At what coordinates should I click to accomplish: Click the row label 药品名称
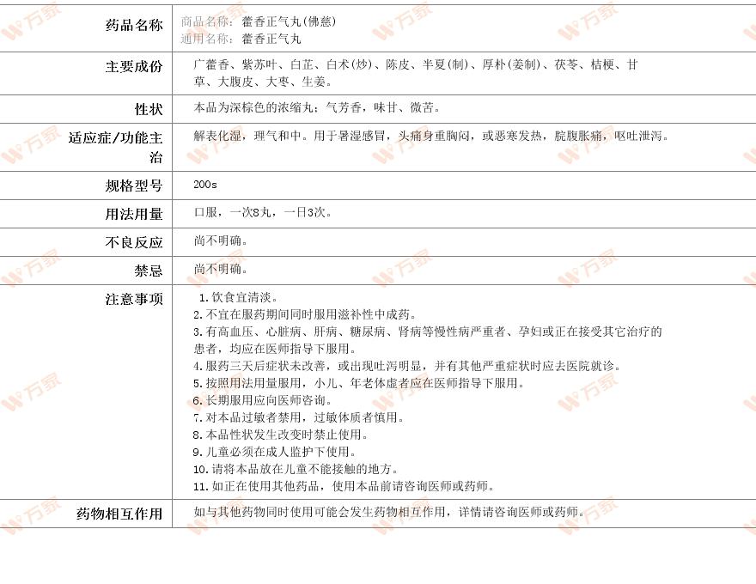click(x=134, y=25)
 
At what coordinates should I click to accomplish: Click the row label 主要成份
click(x=134, y=66)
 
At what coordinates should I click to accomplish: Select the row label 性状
click(x=148, y=109)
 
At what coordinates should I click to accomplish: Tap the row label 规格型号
click(x=134, y=186)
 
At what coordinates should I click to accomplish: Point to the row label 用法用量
click(x=134, y=214)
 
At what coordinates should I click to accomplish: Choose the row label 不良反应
click(x=134, y=242)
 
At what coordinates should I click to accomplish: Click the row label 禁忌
click(x=148, y=271)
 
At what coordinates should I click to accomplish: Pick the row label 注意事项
click(x=134, y=299)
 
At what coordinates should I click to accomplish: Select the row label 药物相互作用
click(x=119, y=514)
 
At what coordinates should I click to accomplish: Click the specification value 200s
click(x=205, y=185)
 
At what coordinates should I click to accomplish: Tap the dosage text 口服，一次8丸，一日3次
click(x=263, y=212)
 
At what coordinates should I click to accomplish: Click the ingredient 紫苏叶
click(x=259, y=64)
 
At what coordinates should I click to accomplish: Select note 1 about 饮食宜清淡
click(x=238, y=297)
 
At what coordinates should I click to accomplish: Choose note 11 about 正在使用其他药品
click(x=344, y=486)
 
